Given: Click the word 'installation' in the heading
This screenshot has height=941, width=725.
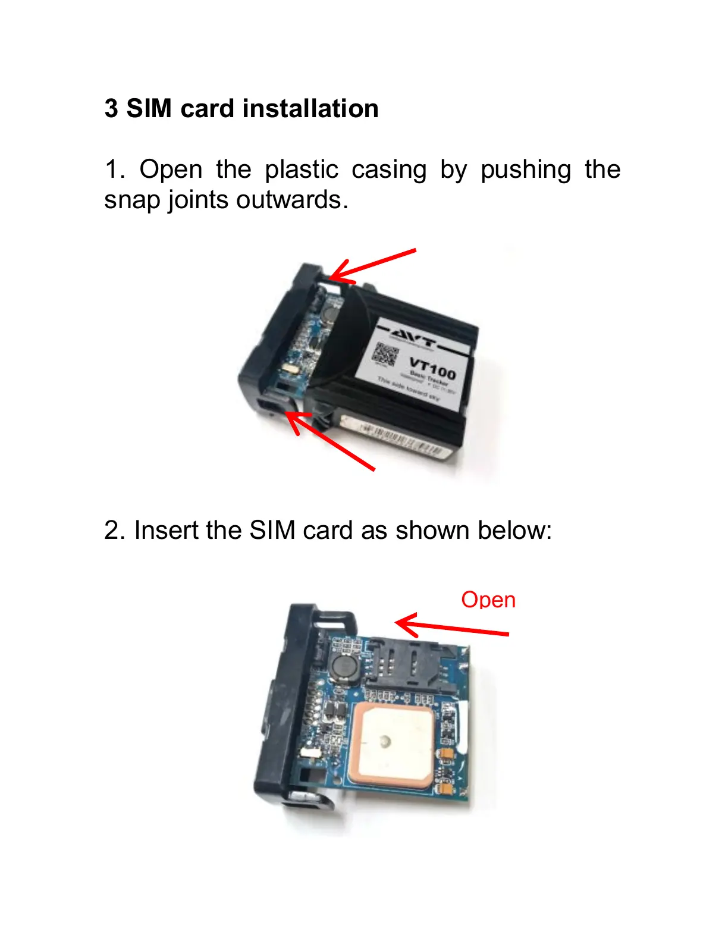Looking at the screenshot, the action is [x=310, y=109].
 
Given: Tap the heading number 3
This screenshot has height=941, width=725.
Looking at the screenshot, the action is [x=111, y=109].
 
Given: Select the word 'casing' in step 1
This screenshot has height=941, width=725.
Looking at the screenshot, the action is [x=389, y=170].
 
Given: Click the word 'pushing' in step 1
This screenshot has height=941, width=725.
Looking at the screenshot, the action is [x=526, y=170].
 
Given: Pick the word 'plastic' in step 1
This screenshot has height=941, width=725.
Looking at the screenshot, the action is [x=302, y=170].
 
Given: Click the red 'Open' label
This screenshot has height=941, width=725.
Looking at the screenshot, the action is [x=488, y=600].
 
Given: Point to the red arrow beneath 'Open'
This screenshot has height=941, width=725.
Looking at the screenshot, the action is [x=452, y=628].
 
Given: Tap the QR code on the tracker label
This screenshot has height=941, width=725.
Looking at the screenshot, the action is [x=385, y=355].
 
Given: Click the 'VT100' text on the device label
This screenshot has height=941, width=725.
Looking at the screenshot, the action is [x=432, y=368].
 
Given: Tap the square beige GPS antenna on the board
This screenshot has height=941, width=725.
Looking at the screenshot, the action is [x=395, y=743].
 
